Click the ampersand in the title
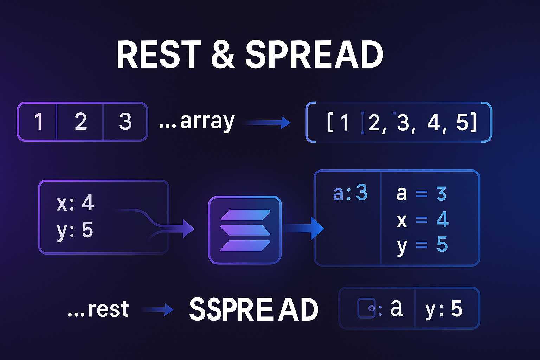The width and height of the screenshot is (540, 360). coord(223,55)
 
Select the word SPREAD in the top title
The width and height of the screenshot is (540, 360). coord(314,55)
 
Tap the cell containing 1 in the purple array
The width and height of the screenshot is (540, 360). coord(38,122)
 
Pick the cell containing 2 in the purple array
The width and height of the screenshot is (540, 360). coord(81,122)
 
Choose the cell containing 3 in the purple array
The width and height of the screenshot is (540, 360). coord(125,122)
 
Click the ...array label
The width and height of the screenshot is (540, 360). coord(197,122)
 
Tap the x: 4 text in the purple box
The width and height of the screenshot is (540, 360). coord(75,203)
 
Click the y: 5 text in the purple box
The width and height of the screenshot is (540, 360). coord(75,230)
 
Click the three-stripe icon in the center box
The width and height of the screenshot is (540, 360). coord(245,230)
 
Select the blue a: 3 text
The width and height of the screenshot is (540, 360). coord(350,193)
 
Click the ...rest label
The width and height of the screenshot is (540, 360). coord(98,309)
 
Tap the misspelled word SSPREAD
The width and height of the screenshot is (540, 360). coord(253,309)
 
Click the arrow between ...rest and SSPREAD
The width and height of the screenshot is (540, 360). coord(157,310)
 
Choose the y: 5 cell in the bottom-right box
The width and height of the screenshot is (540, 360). coord(444,309)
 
